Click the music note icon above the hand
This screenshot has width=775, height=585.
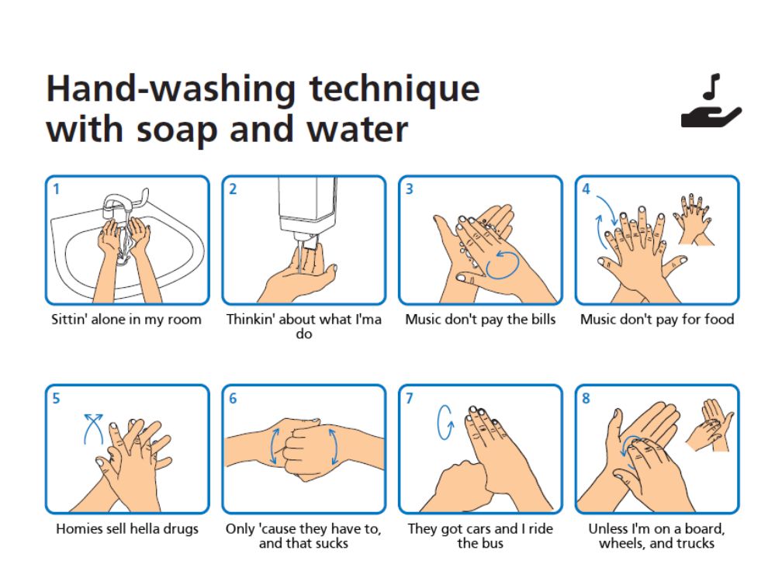point(711,87)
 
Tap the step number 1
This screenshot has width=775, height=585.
point(57,189)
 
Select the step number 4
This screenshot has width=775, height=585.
point(586,189)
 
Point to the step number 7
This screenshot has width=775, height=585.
point(410,398)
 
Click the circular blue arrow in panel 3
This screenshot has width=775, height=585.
point(502,265)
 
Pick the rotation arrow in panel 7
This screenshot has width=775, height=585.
point(445,422)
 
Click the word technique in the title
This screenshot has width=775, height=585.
point(394,90)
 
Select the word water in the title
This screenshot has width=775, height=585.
point(357,130)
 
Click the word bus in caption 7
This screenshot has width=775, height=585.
point(493,543)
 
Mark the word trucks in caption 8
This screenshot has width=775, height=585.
point(697,543)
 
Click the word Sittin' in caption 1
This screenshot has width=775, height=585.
point(69,320)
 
